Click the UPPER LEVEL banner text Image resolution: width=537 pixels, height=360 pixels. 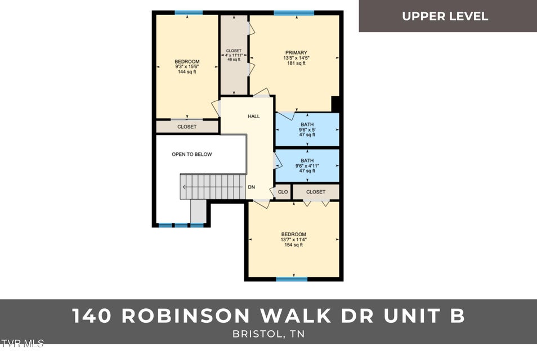[x=445, y=16]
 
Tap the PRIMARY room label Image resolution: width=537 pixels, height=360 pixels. [x=296, y=52]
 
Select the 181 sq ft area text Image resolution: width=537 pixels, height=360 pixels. [x=296, y=64]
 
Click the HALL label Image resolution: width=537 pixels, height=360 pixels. [x=254, y=116]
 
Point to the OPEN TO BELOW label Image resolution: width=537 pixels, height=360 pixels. [x=192, y=154]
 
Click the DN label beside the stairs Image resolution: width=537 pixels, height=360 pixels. [x=252, y=187]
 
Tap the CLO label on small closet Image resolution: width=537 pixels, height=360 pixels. [x=283, y=192]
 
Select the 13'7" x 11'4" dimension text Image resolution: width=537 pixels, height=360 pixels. [x=293, y=240]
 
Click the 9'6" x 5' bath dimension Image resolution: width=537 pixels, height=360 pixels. [x=307, y=130]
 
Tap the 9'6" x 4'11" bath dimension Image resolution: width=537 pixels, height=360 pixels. [x=307, y=166]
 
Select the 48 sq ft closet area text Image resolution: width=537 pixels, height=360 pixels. [x=233, y=60]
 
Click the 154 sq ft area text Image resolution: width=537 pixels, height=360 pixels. [x=293, y=245]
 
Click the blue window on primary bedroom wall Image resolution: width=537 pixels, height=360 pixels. [x=294, y=12]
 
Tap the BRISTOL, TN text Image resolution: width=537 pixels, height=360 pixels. [x=268, y=334]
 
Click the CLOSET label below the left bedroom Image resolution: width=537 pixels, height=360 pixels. [x=187, y=127]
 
